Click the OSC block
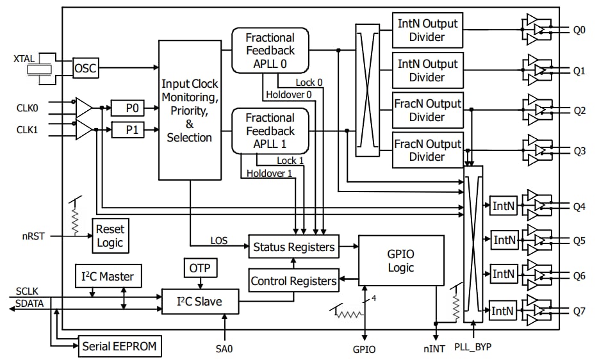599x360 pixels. click(x=86, y=68)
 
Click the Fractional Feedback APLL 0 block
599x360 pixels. click(x=270, y=51)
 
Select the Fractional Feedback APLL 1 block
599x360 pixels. click(x=270, y=131)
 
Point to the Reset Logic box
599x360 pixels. click(x=110, y=236)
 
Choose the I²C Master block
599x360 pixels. click(x=108, y=276)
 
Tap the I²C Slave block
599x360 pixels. click(x=199, y=301)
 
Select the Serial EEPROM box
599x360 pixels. click(x=120, y=347)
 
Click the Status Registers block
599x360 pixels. click(x=294, y=247)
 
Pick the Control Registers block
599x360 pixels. click(x=293, y=281)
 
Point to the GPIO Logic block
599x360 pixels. click(x=400, y=261)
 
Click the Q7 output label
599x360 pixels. click(x=578, y=311)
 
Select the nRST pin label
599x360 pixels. click(x=33, y=236)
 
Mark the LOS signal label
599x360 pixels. click(x=219, y=241)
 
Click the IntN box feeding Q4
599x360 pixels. click(x=503, y=206)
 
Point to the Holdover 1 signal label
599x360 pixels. click(x=269, y=174)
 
